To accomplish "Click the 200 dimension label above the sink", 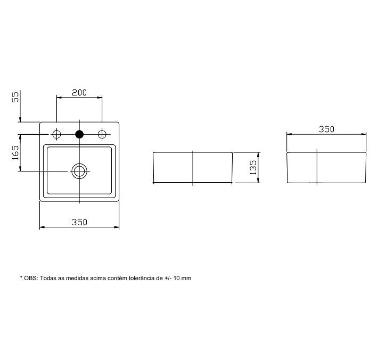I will click(x=79, y=92).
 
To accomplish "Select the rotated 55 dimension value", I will click(x=15, y=96).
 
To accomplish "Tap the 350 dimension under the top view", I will click(x=79, y=222).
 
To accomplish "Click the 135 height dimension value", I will click(x=253, y=167).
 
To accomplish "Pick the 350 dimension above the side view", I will click(x=326, y=129).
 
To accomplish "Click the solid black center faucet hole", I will click(x=79, y=134).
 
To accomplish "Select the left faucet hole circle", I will click(x=57, y=134).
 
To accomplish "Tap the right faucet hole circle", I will click(x=102, y=134).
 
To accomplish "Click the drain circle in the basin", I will click(x=79, y=170).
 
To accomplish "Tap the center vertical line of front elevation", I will click(x=193, y=168).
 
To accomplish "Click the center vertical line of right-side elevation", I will click(x=317, y=168).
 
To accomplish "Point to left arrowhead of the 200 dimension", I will click(x=59, y=97).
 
